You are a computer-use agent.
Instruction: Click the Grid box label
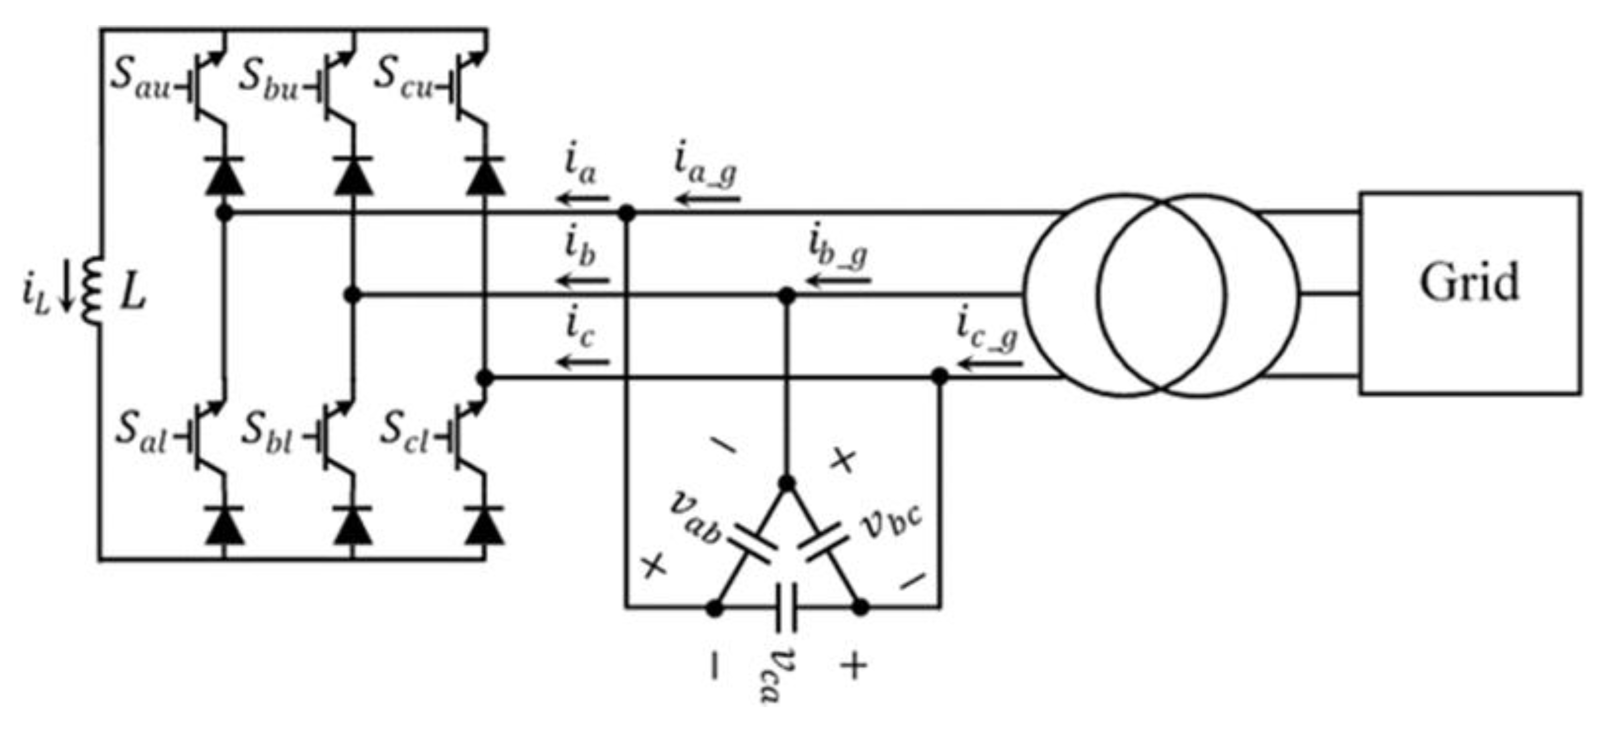tap(1469, 283)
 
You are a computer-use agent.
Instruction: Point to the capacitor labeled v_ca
tap(786, 608)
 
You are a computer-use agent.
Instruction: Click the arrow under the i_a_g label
tap(708, 199)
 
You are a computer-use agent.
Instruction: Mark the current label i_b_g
tap(838, 248)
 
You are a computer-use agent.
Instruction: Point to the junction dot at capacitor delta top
tap(786, 483)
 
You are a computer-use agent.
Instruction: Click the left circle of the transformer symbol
tap(1125, 295)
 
